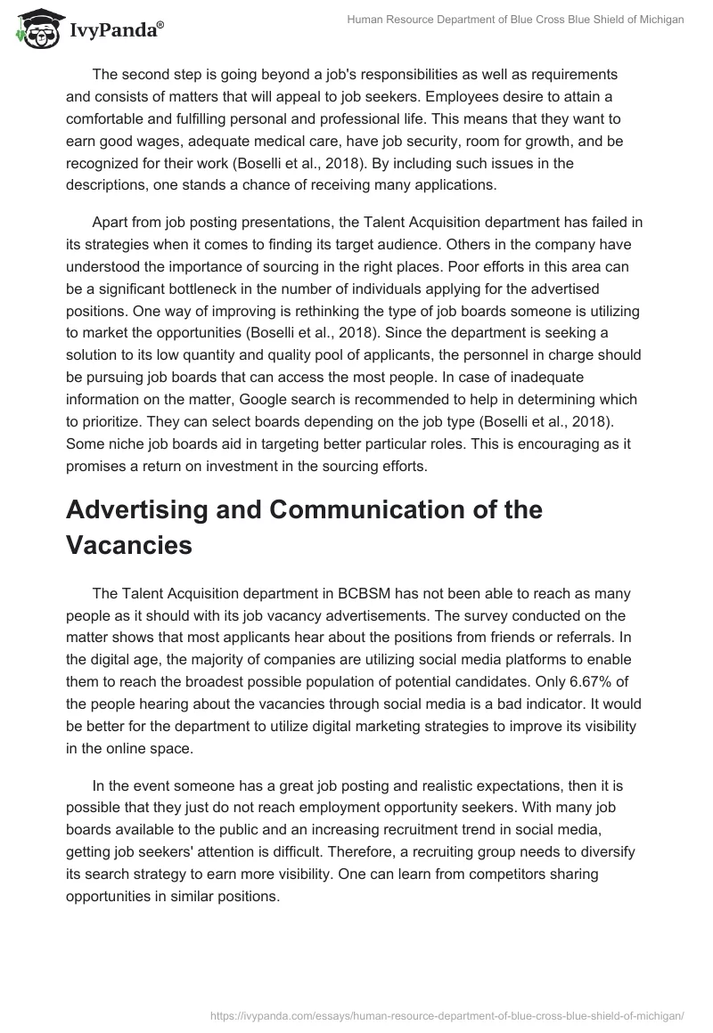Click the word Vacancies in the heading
point(129,545)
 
